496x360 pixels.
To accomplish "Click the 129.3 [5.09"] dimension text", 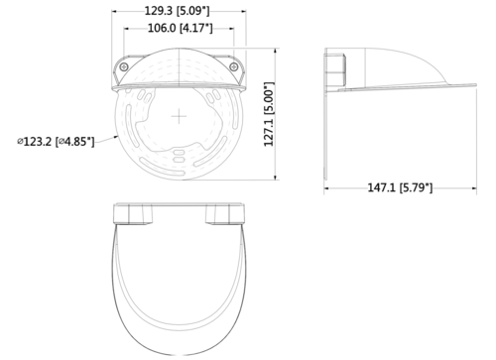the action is pyautogui.click(x=178, y=11).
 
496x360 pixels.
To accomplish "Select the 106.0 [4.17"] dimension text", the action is pyautogui.click(x=180, y=28).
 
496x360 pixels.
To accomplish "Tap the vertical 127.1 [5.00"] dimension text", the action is pyautogui.click(x=270, y=114).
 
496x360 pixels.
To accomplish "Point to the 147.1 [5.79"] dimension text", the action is pyautogui.click(x=400, y=187).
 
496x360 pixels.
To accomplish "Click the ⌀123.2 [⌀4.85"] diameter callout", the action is pyautogui.click(x=56, y=142).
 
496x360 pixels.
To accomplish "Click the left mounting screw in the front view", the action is pyautogui.click(x=124, y=67).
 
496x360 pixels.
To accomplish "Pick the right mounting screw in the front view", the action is pyautogui.click(x=234, y=67).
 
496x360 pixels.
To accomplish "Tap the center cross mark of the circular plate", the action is pyautogui.click(x=179, y=116).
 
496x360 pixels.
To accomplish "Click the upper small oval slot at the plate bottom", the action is pyautogui.click(x=179, y=153).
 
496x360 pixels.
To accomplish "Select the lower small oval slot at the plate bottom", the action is pyautogui.click(x=179, y=160).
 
